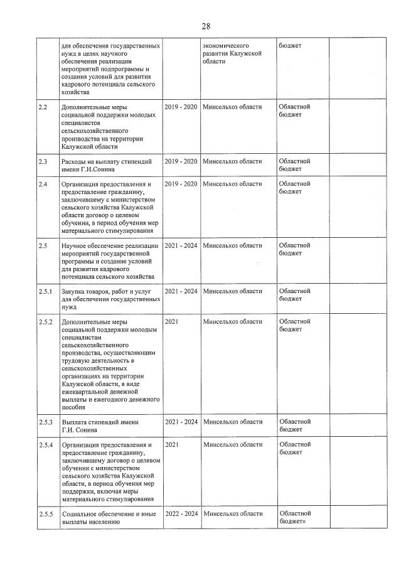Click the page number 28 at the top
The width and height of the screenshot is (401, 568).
(206, 26)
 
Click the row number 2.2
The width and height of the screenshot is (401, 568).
(43, 107)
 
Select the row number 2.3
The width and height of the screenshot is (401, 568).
(43, 162)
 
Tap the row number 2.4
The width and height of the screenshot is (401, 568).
(43, 184)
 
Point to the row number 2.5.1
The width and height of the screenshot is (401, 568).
(45, 291)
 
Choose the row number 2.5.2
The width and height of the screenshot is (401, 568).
(45, 322)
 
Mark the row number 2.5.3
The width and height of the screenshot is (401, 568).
(45, 422)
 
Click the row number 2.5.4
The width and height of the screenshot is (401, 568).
(45, 444)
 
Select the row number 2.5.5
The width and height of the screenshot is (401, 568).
(45, 513)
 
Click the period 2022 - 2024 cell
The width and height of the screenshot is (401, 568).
(181, 513)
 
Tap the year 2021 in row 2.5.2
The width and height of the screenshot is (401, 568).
(172, 322)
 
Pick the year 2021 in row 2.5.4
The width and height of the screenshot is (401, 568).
(172, 444)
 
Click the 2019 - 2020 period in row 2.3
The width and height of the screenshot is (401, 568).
(181, 162)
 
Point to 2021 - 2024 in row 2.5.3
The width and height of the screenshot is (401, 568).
(181, 422)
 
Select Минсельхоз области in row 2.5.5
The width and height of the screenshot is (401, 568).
(233, 513)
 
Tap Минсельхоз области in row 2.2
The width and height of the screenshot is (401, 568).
(233, 107)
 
